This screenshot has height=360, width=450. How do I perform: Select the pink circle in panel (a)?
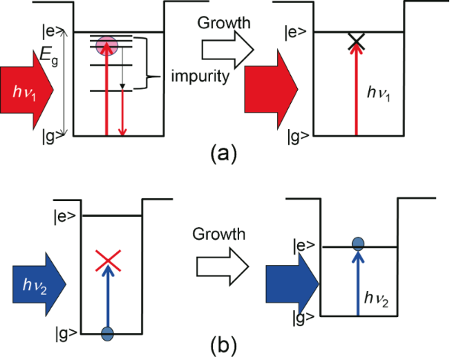[108, 45]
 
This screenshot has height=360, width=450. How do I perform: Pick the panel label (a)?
[225, 154]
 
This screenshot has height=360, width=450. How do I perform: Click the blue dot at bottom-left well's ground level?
[108, 334]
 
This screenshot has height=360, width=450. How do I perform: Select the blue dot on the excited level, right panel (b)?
[357, 242]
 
